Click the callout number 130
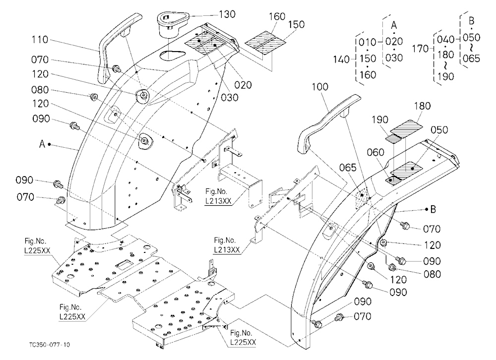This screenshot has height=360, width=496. click(227, 14)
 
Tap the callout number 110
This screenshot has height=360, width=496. click(40, 40)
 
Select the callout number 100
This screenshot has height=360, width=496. click(320, 86)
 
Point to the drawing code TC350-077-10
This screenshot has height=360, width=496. click(50, 345)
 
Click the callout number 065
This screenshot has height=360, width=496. click(348, 167)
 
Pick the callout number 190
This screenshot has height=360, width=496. click(379, 120)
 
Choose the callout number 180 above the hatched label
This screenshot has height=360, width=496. click(423, 106)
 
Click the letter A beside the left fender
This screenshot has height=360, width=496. click(42, 144)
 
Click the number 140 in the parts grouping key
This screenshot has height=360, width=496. click(341, 59)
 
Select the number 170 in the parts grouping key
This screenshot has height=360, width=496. click(421, 49)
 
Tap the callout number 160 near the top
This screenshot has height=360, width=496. click(277, 16)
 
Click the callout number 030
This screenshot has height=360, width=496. click(230, 97)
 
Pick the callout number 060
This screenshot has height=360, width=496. click(375, 152)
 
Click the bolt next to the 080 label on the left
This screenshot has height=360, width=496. click(94, 97)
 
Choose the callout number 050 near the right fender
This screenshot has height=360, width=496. click(439, 130)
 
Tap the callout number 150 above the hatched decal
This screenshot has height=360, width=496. click(297, 24)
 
